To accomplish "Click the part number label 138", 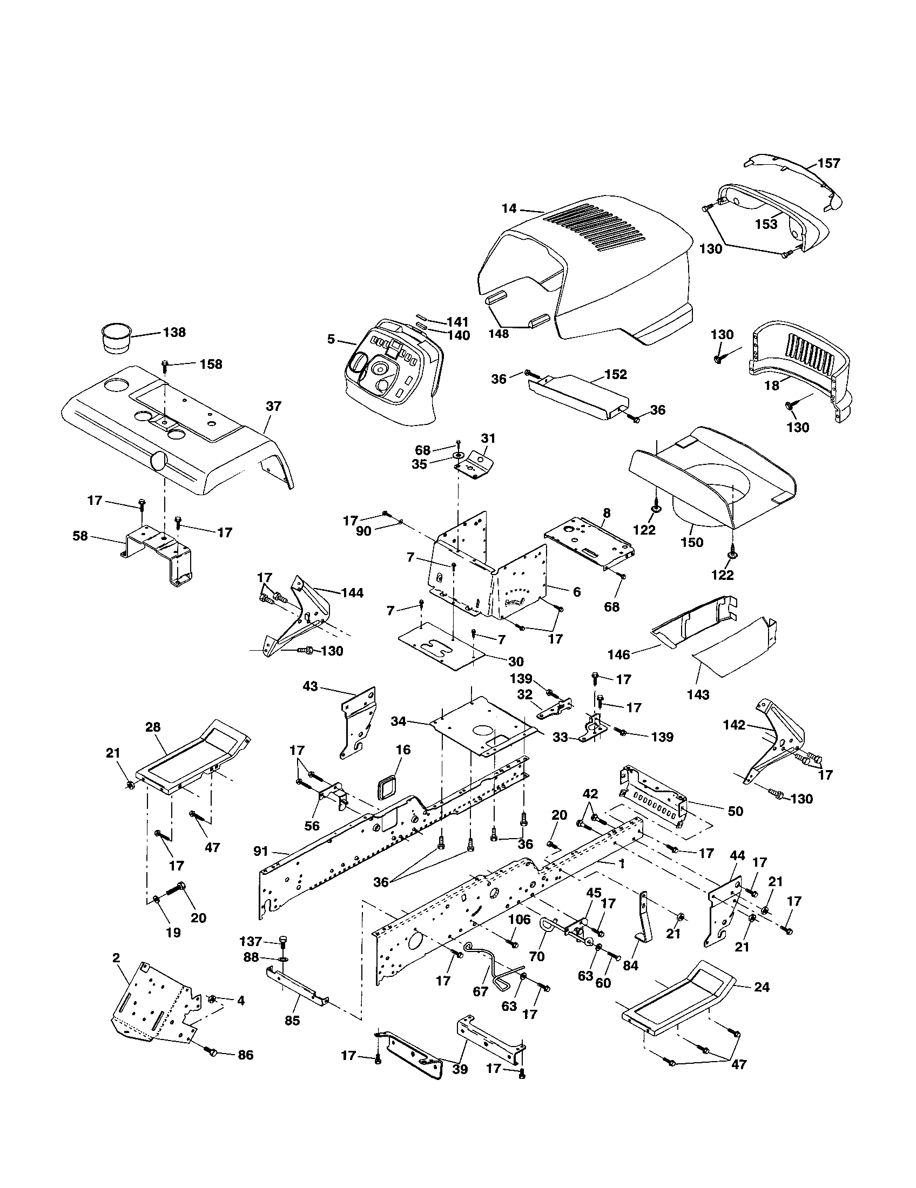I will pos(174,332).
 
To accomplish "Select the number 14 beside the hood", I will pos(509,208).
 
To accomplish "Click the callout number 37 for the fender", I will pos(274,406).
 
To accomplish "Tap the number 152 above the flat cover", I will pos(616,374).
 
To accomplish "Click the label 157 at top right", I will pos(829,163).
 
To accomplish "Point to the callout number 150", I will pos(692,542).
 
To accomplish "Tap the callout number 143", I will pos(698,694).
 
